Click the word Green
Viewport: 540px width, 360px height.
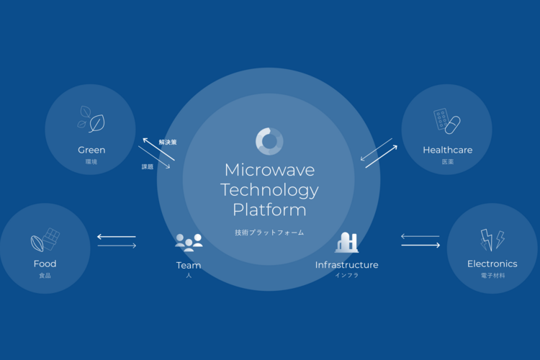[91, 150]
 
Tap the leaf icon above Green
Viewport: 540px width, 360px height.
[91, 120]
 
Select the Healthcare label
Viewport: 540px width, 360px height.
[447, 150]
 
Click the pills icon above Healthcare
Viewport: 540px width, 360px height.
[447, 121]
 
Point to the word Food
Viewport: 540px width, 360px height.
[45, 264]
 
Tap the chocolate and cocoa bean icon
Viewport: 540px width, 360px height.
[45, 239]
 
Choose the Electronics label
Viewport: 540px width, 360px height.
[492, 264]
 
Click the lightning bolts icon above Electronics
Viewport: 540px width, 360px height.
[492, 240]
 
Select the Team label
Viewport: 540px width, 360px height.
[189, 265]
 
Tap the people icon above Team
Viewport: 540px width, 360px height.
[189, 242]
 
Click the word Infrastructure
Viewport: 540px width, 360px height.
[346, 265]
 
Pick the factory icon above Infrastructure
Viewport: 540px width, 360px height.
[346, 242]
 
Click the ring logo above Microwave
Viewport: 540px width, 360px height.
[269, 141]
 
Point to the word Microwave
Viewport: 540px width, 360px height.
[269, 170]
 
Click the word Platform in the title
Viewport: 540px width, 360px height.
[269, 210]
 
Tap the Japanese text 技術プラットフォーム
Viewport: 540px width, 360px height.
[269, 233]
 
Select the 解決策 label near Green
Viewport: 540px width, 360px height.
[168, 143]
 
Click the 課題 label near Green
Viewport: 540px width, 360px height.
[148, 167]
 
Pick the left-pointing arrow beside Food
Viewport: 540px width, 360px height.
[116, 236]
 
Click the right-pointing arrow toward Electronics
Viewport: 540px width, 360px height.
[420, 246]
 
